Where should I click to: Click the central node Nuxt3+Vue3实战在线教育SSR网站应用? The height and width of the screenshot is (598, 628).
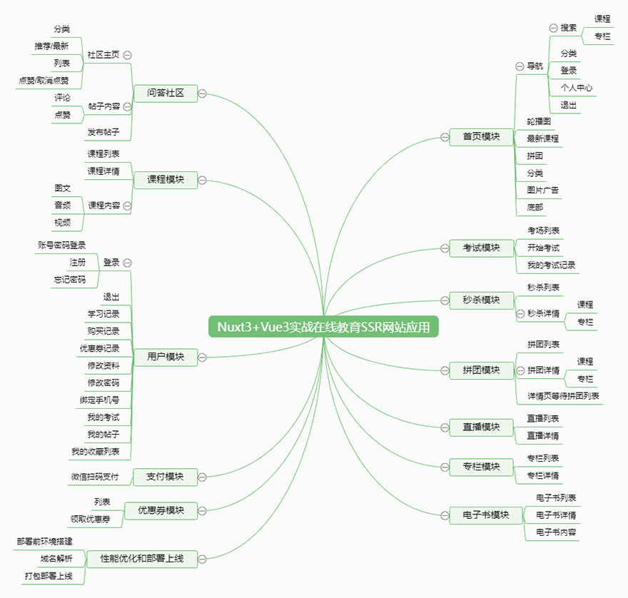323,327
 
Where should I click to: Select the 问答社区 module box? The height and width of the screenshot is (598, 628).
166,93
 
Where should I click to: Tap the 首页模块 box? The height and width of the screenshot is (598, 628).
481,136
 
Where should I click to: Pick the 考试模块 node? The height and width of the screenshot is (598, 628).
481,248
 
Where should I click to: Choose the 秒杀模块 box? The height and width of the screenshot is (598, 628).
481,300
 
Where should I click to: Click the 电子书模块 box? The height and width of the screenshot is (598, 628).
486,515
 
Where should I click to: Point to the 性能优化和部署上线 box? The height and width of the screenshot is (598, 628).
142,558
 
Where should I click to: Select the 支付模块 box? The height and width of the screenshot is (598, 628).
165,477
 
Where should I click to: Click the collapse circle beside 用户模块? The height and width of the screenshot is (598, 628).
202,358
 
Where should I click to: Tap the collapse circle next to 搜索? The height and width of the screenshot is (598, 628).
553,28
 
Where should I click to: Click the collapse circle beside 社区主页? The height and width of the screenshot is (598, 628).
127,55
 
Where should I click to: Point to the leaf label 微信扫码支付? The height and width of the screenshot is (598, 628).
95,477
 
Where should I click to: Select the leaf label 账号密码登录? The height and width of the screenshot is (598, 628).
61,245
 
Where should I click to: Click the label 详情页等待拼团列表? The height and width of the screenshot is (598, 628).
563,396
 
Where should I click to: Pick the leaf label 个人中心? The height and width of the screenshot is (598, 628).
577,88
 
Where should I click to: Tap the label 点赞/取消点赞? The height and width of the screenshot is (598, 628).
44,81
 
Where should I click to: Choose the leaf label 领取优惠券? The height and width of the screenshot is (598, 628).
91,519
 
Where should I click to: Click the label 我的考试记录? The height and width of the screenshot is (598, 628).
551,265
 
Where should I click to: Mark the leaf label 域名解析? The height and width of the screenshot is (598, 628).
56,558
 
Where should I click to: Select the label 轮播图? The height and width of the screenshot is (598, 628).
539,121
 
